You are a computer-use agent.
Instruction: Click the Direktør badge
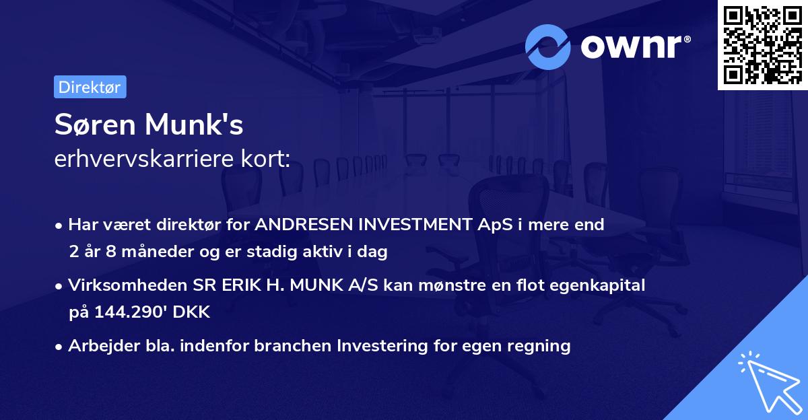(x=90, y=87)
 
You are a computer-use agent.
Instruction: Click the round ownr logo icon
(x=548, y=47)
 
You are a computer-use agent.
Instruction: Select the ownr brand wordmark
(x=634, y=46)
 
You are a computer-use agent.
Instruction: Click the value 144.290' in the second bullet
(x=127, y=312)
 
